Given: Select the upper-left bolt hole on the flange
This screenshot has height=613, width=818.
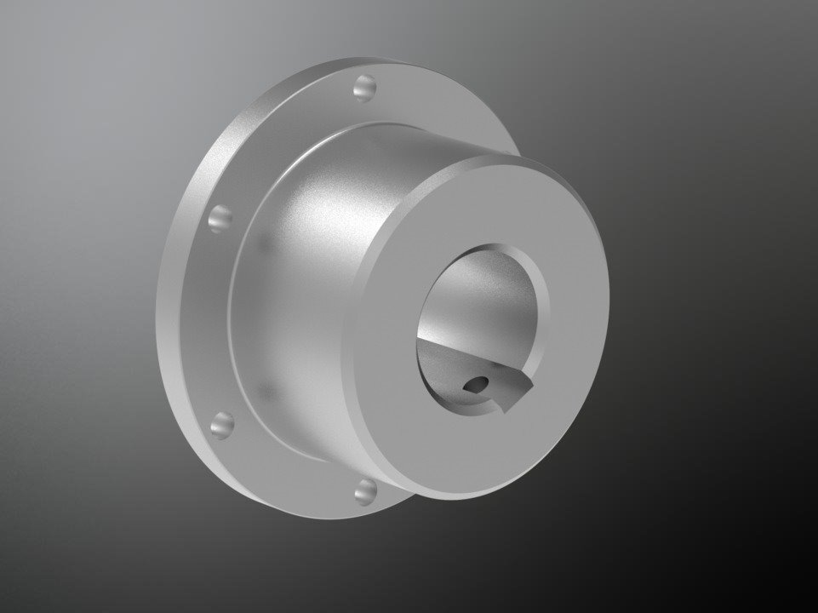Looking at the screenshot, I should click(220, 217).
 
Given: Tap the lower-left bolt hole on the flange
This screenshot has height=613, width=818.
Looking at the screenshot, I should click(222, 422).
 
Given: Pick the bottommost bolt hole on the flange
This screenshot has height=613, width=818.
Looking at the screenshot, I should click(366, 490).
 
